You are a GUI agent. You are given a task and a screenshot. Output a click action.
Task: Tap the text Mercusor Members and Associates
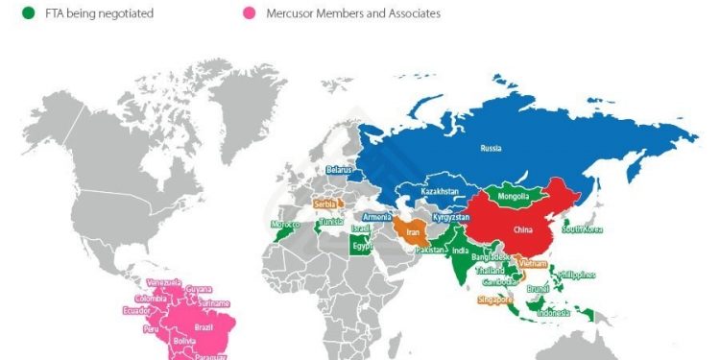pos(353,14)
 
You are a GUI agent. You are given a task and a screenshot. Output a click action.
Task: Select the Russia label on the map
pos(491,149)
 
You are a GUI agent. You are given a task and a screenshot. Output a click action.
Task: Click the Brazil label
pos(204,326)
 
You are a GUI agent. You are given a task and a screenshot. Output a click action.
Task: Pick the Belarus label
pos(340,170)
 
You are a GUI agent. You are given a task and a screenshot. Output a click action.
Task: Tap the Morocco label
pos(285,225)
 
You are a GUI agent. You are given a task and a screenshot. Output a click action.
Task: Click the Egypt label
pos(362,246)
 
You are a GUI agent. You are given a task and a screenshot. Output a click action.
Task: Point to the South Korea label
pos(583,229)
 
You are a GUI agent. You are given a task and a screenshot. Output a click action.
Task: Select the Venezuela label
pos(163,281)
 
